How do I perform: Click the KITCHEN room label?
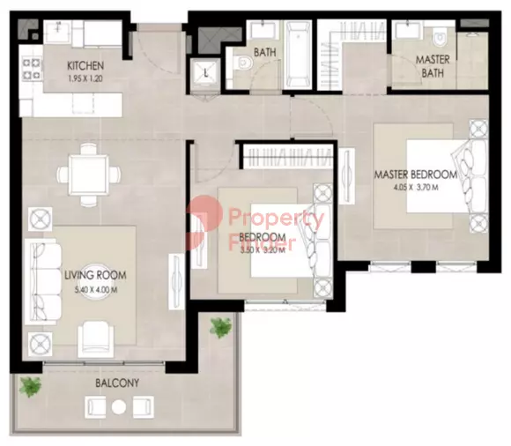(85, 66)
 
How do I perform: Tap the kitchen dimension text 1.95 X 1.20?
(85, 78)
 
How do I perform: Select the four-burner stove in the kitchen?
(32, 69)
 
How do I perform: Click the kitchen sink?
(58, 32)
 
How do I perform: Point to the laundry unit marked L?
(205, 74)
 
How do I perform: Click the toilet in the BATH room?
(243, 62)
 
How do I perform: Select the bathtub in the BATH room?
(298, 55)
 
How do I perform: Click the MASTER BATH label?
(433, 66)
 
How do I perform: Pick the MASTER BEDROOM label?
(416, 175)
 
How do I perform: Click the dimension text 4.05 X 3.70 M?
(416, 188)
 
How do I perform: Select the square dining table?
(88, 175)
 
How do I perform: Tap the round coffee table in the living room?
(95, 281)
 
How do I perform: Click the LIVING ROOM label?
(95, 275)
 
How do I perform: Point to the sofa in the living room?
(43, 282)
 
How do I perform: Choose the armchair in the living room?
(96, 338)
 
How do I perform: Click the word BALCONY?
(117, 383)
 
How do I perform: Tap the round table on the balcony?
(119, 407)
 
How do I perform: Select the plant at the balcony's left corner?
(30, 387)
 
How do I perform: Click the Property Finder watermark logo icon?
(204, 223)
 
